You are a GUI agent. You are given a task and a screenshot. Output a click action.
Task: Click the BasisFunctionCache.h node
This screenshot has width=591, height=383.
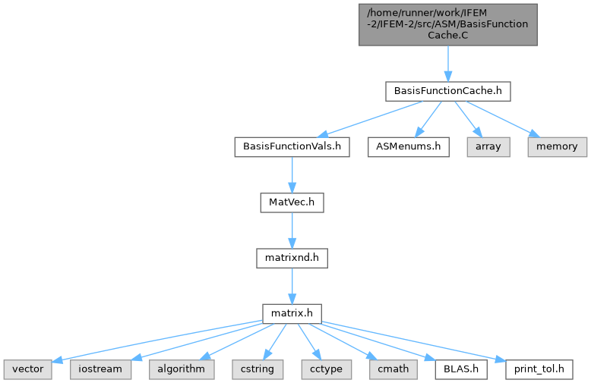coord(447,91)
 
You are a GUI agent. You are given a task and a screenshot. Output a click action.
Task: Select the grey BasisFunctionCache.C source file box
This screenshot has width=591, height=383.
coord(447,25)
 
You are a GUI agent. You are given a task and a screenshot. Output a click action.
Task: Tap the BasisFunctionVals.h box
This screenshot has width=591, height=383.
coord(292,146)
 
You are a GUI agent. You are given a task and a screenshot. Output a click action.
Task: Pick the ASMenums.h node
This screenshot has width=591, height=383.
coord(408,146)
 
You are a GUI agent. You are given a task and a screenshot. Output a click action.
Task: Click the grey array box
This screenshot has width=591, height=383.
coord(488,146)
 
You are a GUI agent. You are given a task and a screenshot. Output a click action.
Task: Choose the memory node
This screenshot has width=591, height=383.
coord(557,146)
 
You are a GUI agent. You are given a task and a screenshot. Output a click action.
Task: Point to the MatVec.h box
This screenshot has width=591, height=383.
coord(292,202)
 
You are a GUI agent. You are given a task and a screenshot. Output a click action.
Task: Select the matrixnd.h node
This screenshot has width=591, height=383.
coord(292,258)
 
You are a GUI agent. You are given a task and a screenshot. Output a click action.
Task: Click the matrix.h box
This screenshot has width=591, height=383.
coord(292,314)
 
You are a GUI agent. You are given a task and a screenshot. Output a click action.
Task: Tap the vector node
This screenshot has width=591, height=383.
coord(28,369)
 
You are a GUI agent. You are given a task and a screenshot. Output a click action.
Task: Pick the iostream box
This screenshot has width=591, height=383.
coord(100,369)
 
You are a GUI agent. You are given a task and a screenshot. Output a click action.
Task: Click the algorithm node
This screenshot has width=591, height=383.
coord(182,369)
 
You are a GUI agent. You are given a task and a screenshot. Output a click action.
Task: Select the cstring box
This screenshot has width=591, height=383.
coord(258,369)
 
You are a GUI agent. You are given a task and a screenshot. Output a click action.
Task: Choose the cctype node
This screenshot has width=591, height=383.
coord(327,369)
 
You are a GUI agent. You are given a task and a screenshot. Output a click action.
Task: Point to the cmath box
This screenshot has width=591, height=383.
coord(393,369)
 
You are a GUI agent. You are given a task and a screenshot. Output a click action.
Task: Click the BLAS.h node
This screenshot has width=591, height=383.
coord(461,369)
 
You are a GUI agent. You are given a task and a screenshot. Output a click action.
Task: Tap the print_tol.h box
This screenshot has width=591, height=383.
coord(539,369)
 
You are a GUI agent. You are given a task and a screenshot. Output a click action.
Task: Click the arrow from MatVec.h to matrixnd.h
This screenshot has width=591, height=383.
coord(292,231)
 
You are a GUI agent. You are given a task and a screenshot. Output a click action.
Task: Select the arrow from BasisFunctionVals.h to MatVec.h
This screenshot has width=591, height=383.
coord(292,175)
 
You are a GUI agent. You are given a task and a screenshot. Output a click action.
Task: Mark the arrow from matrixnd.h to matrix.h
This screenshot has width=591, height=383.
coord(292,286)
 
